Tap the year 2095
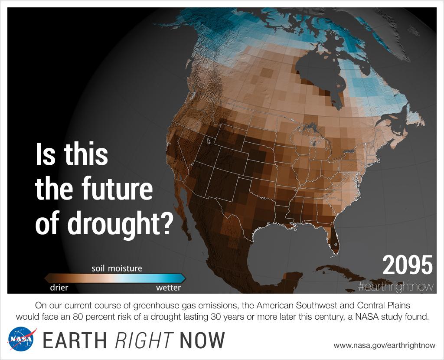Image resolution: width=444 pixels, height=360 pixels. click(x=407, y=265)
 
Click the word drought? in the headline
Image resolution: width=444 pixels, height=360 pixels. click(x=104, y=224)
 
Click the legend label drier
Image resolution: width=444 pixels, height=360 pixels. click(x=59, y=287)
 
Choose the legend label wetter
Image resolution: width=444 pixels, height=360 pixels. click(x=168, y=287)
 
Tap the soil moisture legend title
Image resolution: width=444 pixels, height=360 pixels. click(x=117, y=268)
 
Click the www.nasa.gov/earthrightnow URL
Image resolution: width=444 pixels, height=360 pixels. click(x=384, y=345)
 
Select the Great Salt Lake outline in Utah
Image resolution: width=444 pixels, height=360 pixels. click(x=208, y=141)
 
